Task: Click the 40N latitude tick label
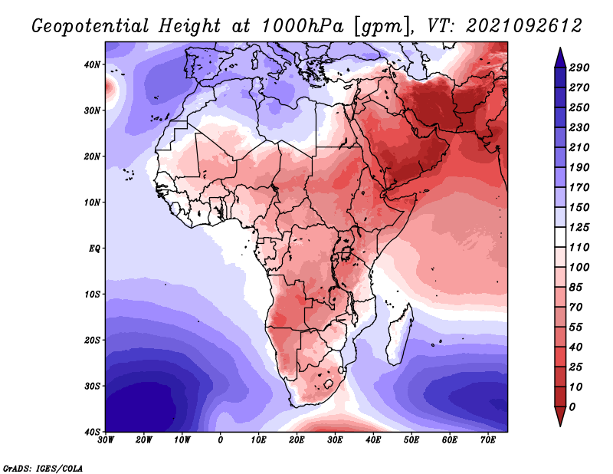click(x=92, y=64)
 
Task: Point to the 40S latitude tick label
click(x=92, y=432)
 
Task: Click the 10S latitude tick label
click(x=92, y=295)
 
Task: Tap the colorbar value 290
click(x=579, y=67)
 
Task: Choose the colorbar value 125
click(x=579, y=228)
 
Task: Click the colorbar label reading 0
click(x=574, y=406)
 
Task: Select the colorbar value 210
click(x=579, y=147)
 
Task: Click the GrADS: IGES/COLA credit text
click(x=42, y=467)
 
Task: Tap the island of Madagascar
click(x=401, y=335)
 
